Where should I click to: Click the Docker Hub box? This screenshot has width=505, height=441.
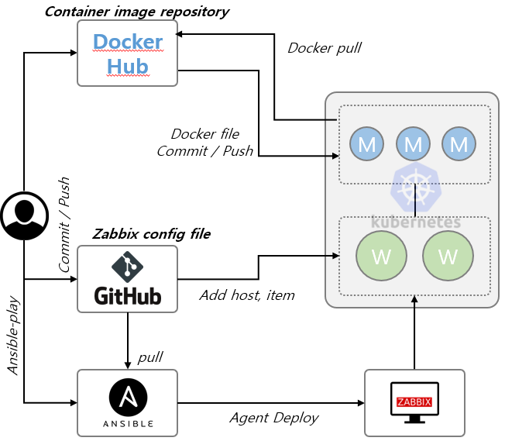tap(128, 53)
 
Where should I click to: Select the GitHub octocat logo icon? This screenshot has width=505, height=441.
tap(128, 266)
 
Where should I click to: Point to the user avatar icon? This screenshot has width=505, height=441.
tap(22, 215)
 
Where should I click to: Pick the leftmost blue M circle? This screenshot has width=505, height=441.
tap(367, 143)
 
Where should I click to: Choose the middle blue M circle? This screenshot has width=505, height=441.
tap(413, 143)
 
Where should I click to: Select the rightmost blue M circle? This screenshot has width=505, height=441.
tap(459, 143)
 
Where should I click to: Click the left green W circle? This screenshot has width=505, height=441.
tap(381, 256)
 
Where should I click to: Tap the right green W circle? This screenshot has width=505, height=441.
tap(448, 256)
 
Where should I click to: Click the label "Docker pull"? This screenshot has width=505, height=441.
tap(325, 47)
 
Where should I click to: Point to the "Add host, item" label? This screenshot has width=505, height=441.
tap(247, 295)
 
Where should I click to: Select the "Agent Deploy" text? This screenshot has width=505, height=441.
tap(274, 418)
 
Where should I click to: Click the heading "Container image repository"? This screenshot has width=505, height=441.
tap(136, 12)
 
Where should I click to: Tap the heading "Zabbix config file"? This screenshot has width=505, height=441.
tap(151, 233)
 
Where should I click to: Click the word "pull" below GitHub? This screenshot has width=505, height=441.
tap(150, 357)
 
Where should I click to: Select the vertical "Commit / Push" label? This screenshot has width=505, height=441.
tap(64, 225)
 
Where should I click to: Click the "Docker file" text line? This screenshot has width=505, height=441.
tap(204, 134)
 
